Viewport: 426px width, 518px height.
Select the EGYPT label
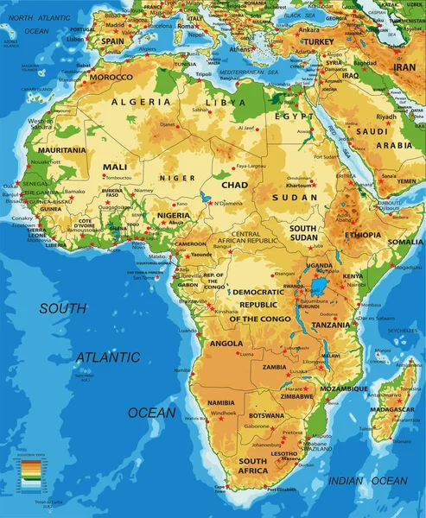click(x=289, y=116)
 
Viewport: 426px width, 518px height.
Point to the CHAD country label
click(x=235, y=185)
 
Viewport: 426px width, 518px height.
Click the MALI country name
click(x=114, y=167)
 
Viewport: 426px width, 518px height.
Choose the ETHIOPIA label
click(x=363, y=235)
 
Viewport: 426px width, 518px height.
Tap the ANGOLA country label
click(x=226, y=343)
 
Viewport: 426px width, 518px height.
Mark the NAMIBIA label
click(x=221, y=402)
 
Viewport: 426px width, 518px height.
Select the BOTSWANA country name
click(x=266, y=416)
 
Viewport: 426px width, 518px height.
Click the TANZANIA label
click(x=331, y=325)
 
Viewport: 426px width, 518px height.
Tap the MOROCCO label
click(x=111, y=77)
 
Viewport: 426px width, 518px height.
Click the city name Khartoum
click(x=298, y=186)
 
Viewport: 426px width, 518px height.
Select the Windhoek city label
click(x=223, y=413)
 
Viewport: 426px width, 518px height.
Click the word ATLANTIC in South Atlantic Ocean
click(x=107, y=357)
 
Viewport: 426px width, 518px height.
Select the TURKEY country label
click(x=318, y=41)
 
